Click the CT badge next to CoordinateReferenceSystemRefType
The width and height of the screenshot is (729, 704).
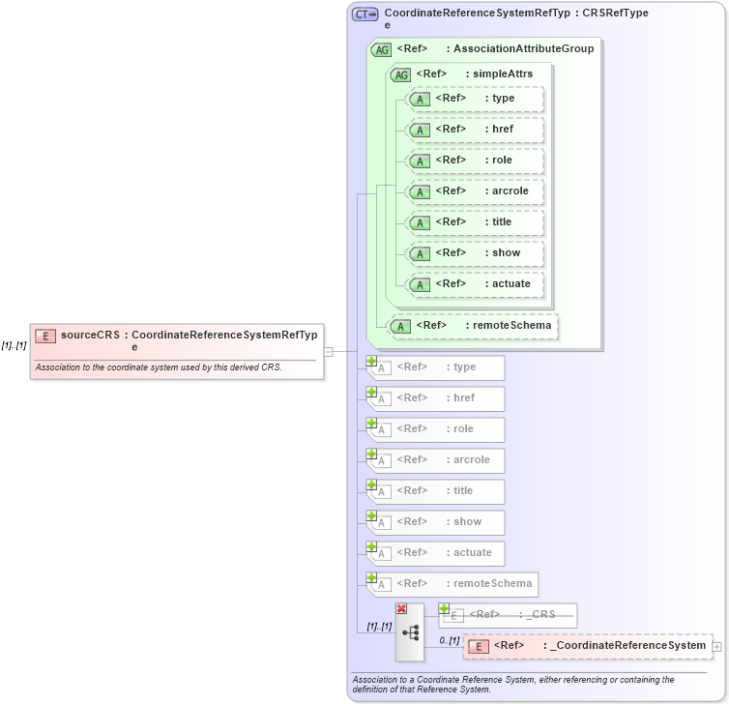(364, 14)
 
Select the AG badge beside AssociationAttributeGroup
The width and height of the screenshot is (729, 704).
(381, 49)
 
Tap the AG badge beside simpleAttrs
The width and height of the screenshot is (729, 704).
(400, 74)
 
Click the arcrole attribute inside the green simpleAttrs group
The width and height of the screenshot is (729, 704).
(474, 191)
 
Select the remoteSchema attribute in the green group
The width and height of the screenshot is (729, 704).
(473, 326)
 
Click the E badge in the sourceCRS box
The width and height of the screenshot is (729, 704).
(45, 337)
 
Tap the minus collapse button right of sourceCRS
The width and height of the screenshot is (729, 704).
(328, 352)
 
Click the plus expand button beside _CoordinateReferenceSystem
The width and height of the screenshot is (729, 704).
(716, 646)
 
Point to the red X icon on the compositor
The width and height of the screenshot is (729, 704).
(401, 608)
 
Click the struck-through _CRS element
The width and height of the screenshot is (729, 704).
(508, 615)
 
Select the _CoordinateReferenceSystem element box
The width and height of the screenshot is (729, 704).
(587, 646)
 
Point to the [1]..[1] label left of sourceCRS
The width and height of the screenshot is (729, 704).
(14, 345)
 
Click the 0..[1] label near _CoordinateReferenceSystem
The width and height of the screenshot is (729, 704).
(450, 639)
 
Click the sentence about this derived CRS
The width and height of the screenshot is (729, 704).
(159, 367)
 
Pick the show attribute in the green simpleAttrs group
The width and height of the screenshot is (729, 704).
(474, 253)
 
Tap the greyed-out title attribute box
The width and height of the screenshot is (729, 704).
(436, 491)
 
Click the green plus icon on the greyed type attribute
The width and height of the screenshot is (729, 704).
(371, 361)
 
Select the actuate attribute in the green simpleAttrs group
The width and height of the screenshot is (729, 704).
(474, 284)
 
